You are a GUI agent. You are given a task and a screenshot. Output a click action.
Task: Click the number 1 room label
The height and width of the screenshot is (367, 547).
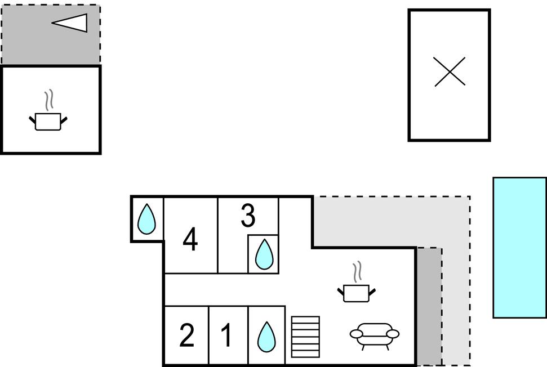pyautogui.click(x=226, y=336)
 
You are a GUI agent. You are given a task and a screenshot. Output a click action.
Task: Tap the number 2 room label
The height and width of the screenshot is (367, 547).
pyautogui.click(x=186, y=336)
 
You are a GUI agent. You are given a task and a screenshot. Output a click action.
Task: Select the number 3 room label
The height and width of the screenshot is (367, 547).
pyautogui.click(x=248, y=216)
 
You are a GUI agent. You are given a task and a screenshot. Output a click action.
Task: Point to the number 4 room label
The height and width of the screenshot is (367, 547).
pyautogui.click(x=190, y=240)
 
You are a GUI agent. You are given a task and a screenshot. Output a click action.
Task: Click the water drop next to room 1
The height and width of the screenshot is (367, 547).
pyautogui.click(x=266, y=337)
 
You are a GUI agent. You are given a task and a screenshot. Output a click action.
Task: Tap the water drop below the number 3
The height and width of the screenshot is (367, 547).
pyautogui.click(x=264, y=254)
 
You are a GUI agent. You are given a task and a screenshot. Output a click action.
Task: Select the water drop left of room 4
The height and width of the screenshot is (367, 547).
pyautogui.click(x=147, y=219)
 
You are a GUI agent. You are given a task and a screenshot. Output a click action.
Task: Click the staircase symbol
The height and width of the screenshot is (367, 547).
pyautogui.click(x=305, y=337)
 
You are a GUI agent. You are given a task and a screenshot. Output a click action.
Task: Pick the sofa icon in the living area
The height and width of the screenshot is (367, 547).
pyautogui.click(x=375, y=335)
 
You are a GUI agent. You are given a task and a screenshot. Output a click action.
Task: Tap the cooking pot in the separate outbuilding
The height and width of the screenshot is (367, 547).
pyautogui.click(x=48, y=121)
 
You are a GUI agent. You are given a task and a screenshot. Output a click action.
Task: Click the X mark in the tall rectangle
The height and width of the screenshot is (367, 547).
pyautogui.click(x=450, y=72)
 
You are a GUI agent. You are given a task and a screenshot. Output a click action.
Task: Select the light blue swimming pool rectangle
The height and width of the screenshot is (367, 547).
pyautogui.click(x=519, y=248)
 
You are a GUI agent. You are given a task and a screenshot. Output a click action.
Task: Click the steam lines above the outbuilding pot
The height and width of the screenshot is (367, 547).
pyautogui.click(x=50, y=100)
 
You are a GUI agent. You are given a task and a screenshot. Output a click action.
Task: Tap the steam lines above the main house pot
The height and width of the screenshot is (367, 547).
pyautogui.click(x=357, y=272)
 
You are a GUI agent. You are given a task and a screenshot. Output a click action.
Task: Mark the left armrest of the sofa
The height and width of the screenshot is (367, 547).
pyautogui.click(x=355, y=334)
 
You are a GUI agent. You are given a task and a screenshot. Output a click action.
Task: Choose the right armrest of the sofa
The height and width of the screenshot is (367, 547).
pyautogui.click(x=393, y=334)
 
